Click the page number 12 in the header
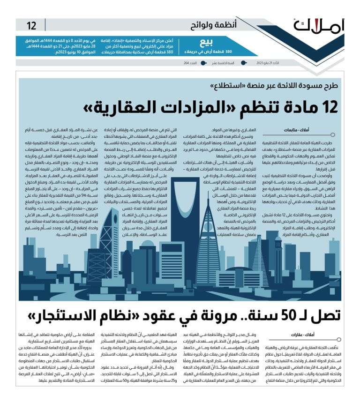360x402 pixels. coord(31,25)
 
